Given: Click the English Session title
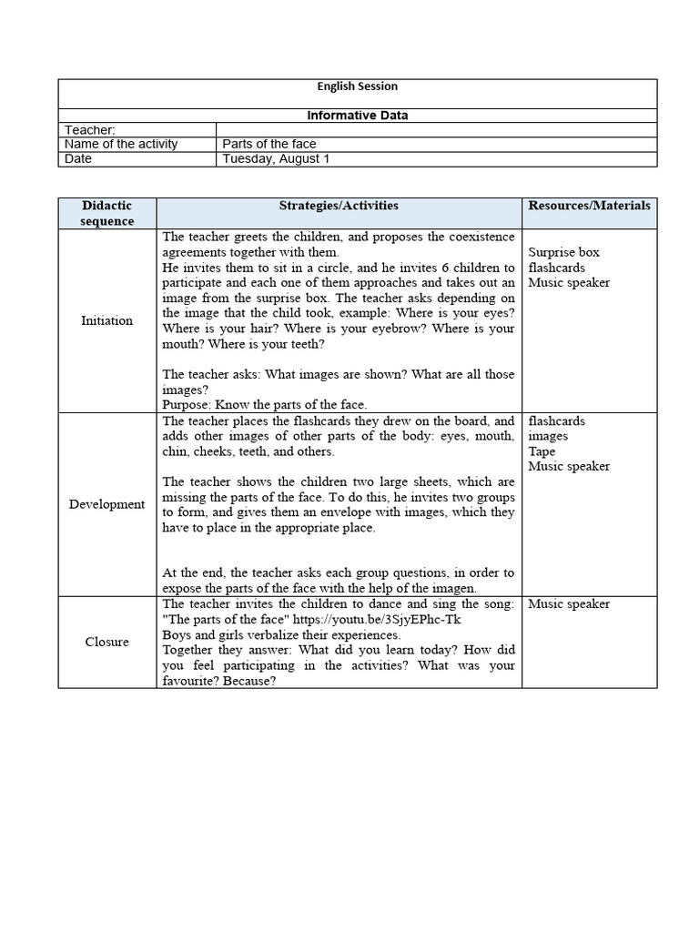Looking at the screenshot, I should [357, 86].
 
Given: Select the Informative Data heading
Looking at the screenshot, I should [357, 116].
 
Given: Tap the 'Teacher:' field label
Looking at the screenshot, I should [90, 130].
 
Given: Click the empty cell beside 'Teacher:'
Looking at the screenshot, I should [436, 130].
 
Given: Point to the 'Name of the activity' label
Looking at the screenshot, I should [121, 144].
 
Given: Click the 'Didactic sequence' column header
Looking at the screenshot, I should [107, 213].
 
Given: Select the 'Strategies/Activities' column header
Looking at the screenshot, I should [339, 206].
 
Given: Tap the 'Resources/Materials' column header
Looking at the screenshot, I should [589, 206].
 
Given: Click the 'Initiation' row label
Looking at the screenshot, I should [106, 320].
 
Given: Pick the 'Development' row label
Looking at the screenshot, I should [106, 504].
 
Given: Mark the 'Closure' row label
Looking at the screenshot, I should [106, 642].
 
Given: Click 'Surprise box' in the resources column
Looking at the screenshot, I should [564, 252].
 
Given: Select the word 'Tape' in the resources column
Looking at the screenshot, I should [542, 451].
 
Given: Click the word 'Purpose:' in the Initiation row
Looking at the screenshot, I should [187, 404].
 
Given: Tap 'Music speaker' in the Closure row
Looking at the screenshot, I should [569, 604].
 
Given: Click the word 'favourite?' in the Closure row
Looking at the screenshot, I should [191, 681].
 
